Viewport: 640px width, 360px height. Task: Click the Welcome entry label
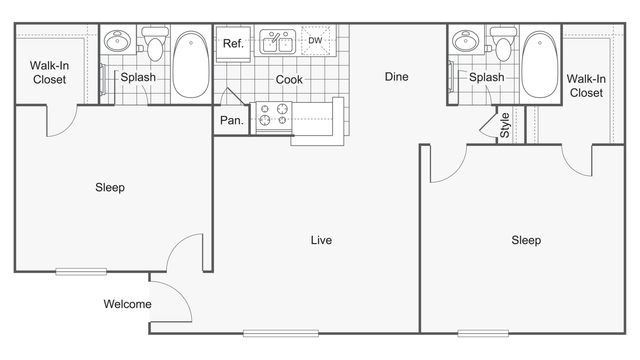tap(127, 304)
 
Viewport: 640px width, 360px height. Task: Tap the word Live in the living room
tap(321, 240)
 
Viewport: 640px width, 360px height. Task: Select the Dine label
tap(397, 77)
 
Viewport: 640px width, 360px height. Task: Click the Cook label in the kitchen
tap(290, 79)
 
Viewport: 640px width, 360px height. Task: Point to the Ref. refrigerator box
tap(233, 43)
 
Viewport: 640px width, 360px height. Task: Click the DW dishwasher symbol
tap(316, 42)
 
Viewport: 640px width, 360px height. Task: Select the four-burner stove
tap(271, 117)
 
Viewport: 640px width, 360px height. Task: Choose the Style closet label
tap(505, 125)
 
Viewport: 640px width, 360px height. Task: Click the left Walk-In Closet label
tap(48, 72)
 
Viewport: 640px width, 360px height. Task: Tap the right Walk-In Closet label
tap(585, 85)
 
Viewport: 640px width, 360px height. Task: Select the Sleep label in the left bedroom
tap(110, 187)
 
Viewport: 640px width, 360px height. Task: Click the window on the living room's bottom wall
tap(280, 332)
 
